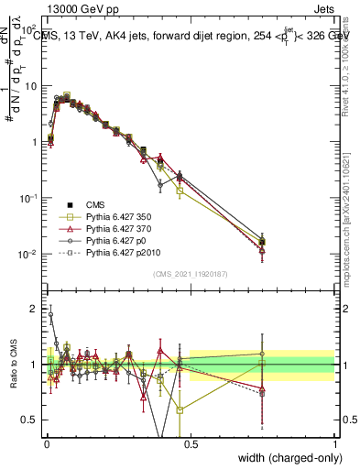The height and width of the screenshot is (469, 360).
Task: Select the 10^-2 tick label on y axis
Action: (30, 254)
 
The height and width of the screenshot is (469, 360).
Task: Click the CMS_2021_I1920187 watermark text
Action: (191, 274)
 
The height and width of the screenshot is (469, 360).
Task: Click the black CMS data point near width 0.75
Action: (263, 243)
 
